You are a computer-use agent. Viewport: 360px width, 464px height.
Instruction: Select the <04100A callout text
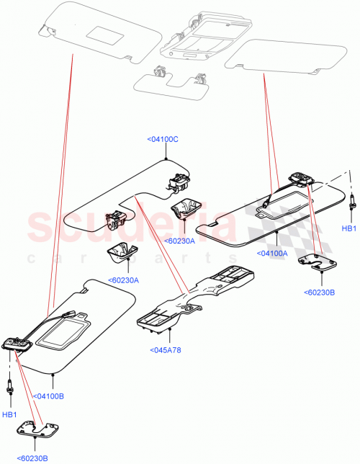click(x=271, y=253)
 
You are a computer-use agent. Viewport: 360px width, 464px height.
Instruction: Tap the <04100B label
click(x=49, y=396)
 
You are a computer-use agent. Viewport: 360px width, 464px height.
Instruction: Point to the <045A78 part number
click(x=167, y=350)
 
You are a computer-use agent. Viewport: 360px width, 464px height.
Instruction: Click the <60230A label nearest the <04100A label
click(x=179, y=241)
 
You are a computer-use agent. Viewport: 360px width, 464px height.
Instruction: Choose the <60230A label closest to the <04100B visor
click(x=124, y=280)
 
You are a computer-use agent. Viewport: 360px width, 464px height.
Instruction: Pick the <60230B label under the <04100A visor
click(x=321, y=292)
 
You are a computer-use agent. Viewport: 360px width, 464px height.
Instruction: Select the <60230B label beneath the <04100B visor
click(x=32, y=456)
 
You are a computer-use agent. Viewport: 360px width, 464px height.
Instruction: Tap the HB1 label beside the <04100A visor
click(x=348, y=228)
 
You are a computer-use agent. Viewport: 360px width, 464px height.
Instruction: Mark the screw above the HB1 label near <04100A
click(x=352, y=202)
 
